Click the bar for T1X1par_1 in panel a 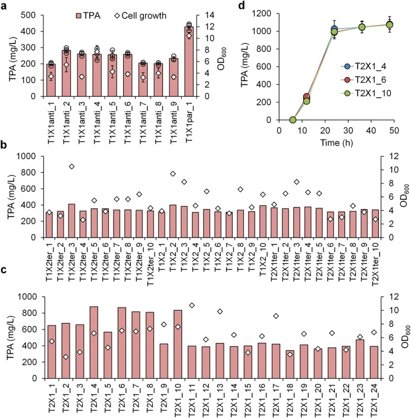tap(189, 62)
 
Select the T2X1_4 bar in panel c tap(94, 343)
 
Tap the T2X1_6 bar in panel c tap(122, 343)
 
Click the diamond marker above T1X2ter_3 tap(71, 167)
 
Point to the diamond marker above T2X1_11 tap(192, 305)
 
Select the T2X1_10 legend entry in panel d tap(366, 93)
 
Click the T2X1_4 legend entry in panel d tap(364, 66)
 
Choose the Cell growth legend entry tap(140, 15)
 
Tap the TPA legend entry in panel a tap(89, 15)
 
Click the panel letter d tap(241, 5)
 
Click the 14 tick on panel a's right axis tap(209, 15)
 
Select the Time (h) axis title tap(337, 142)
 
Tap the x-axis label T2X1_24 tap(374, 398)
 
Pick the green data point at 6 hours tap(293, 120)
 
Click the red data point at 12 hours tap(307, 97)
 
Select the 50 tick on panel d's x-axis tap(394, 131)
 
